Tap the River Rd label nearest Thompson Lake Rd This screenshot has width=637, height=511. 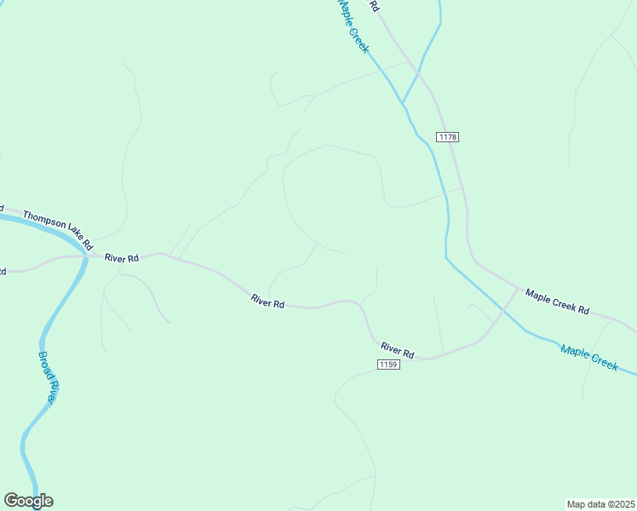coord(122,257)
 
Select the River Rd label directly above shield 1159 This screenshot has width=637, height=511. coord(398,349)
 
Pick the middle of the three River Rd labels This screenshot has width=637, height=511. coord(267,301)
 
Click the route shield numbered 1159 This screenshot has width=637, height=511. coord(388,365)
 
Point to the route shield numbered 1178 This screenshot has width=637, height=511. coord(448,137)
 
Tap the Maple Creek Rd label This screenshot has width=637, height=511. coord(557,302)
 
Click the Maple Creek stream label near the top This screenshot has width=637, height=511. coord(353,26)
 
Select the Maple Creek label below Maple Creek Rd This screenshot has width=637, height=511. coord(588,356)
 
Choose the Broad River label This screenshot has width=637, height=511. coord(48,376)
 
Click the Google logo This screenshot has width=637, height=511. coord(28,501)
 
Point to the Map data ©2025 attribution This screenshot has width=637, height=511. coord(600,503)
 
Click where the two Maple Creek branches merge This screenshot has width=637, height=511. coord(404,102)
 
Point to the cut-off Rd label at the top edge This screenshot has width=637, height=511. coord(374,5)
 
